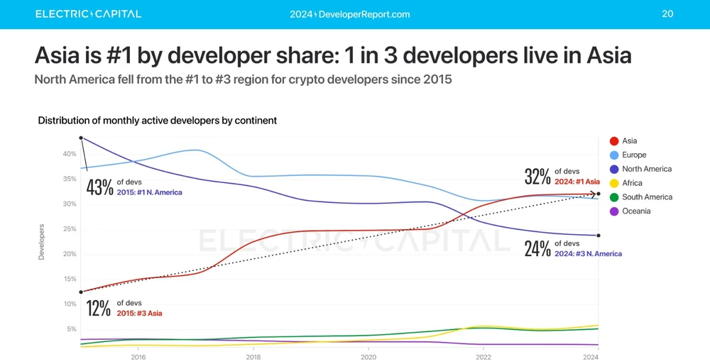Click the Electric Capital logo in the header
pos(88,14)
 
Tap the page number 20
pos(667,14)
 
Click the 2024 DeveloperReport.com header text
pos(350,14)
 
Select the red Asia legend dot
pos(614,141)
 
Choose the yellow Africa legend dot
pos(614,183)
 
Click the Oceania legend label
pos(636,211)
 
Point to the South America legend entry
pos(647,197)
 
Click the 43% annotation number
pos(99,188)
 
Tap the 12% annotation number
pos(99,309)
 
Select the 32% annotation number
pos(537,177)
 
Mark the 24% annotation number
pos(537,249)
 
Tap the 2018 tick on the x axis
pos(253,358)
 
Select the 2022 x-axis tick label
pos(483,358)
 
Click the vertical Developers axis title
pos(41,242)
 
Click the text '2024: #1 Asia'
pos(577,182)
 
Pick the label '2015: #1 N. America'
pos(150,192)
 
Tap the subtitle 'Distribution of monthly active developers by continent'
pos(157,121)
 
